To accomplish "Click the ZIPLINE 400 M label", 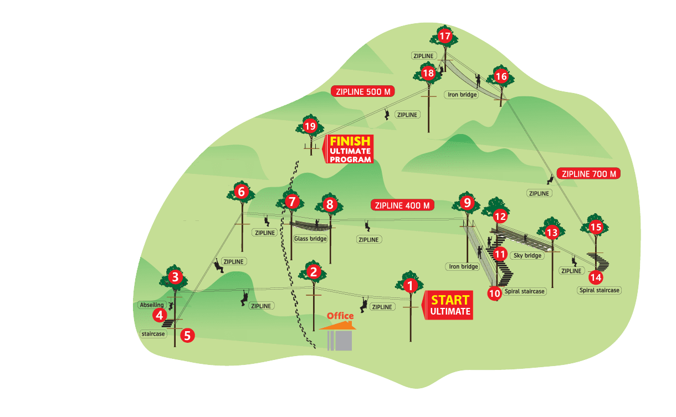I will pos(402,205).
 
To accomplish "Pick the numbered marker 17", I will pos(445,37).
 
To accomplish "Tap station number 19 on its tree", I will pos(310,126).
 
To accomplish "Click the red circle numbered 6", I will pos(241,192).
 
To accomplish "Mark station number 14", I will pos(595,277).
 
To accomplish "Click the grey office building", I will pos(340,338).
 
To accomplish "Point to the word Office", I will pos(340,316).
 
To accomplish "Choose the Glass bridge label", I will pos(310,239).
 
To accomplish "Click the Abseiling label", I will pos(151,305).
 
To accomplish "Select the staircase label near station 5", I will pos(153,334).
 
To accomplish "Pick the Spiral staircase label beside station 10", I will pos(524,291).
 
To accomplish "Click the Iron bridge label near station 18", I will pos(461,95).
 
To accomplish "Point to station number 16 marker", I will pos(500,76).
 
